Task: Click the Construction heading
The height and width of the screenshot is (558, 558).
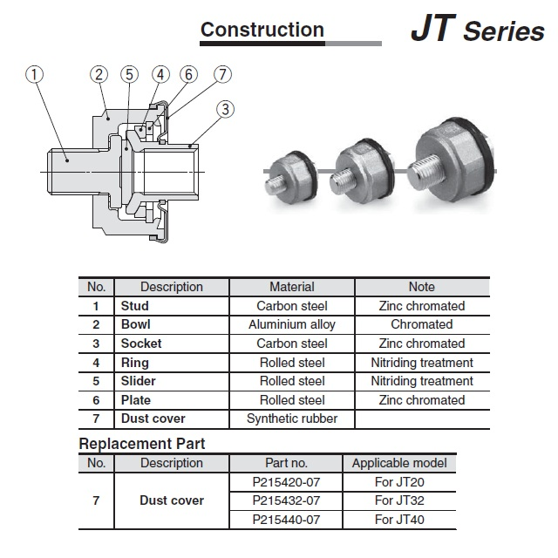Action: (x=262, y=30)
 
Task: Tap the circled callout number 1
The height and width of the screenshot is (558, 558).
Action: (x=35, y=75)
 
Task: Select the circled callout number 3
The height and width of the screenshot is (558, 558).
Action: (x=226, y=109)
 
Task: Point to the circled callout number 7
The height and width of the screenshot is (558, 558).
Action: (x=223, y=75)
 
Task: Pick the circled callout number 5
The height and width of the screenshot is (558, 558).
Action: (x=130, y=75)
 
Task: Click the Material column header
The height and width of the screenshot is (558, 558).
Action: (x=291, y=287)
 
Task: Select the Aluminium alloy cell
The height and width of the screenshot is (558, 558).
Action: (x=291, y=324)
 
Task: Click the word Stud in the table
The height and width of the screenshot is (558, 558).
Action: (x=134, y=306)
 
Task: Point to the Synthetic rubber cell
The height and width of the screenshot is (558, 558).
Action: (x=291, y=418)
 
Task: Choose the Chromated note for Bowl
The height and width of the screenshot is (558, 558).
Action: (x=422, y=324)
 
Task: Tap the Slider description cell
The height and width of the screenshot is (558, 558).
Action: (x=139, y=381)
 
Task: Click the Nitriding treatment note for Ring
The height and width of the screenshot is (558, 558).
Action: (x=422, y=363)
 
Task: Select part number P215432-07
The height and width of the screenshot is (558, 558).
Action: (x=286, y=500)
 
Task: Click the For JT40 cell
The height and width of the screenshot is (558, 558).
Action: (x=399, y=520)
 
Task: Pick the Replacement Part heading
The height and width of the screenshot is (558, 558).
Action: (x=142, y=444)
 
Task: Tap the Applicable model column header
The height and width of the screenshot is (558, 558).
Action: (x=399, y=463)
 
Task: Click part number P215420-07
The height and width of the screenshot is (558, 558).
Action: (x=286, y=482)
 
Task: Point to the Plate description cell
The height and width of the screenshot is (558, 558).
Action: (x=136, y=400)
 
